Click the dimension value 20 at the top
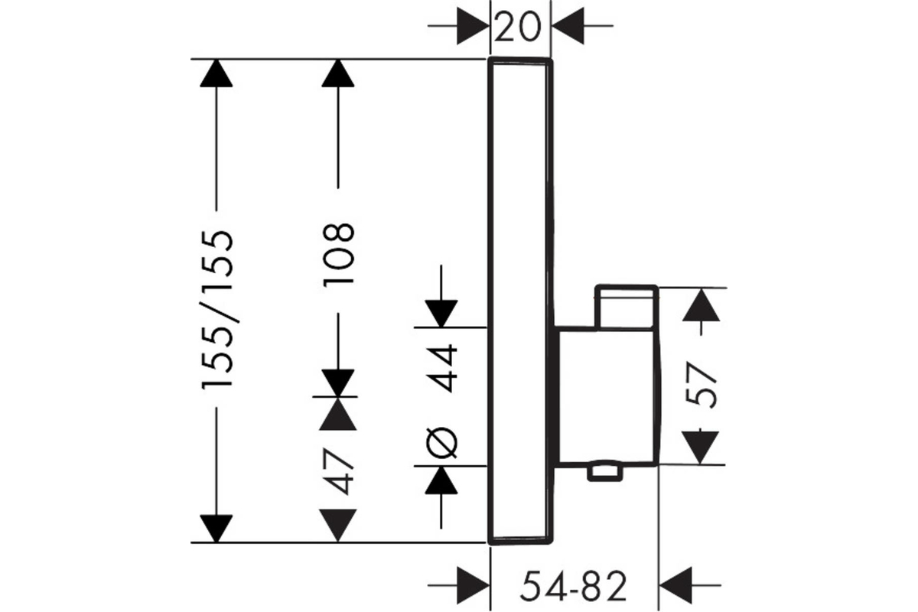tap(520, 28)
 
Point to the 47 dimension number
tap(337, 470)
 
